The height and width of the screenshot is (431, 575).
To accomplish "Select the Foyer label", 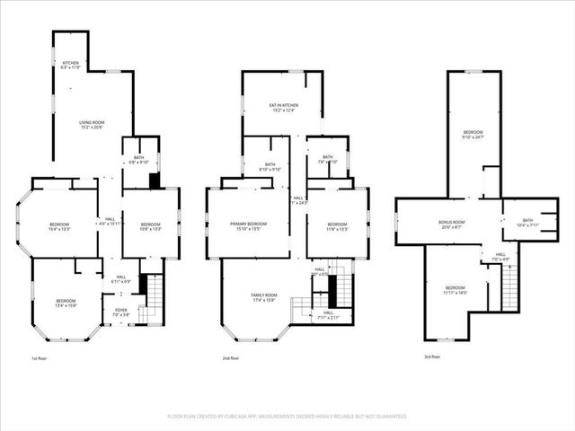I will [120, 312].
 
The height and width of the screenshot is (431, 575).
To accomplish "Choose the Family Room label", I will [264, 297].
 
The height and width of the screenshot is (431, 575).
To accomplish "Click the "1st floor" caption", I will [40, 357].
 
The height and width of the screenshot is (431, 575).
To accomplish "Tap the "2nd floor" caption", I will [231, 357].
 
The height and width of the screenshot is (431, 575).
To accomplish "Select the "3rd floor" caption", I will [432, 357].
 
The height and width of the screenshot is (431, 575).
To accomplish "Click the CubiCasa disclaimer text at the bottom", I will [287, 417].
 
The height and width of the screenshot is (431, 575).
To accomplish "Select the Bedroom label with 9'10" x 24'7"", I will [473, 135].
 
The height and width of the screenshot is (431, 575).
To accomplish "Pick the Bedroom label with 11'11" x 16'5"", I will [456, 290].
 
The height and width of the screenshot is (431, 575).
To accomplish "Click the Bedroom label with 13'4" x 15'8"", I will [66, 303].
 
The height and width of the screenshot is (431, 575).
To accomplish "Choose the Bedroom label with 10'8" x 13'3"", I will [150, 226].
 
